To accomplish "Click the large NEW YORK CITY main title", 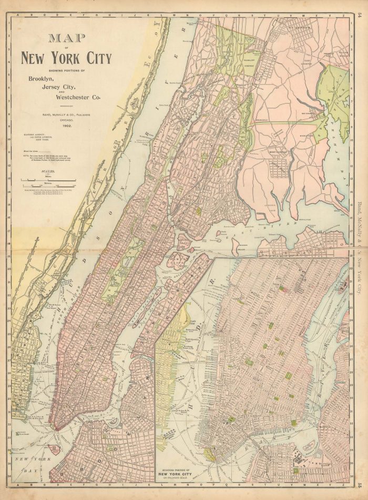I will coord(66,57).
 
